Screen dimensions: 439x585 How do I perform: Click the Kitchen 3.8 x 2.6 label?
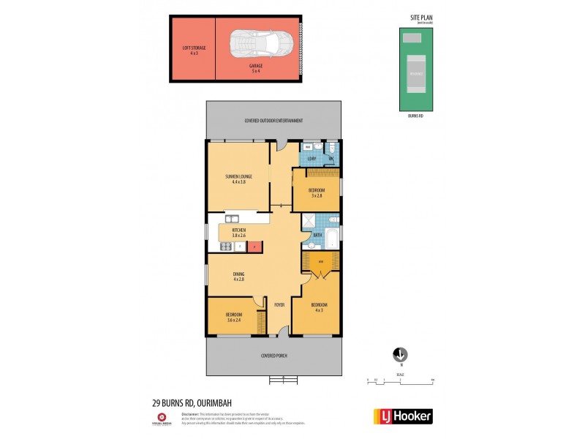(x=239, y=233)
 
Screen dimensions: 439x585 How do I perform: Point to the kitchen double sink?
(x=232, y=219)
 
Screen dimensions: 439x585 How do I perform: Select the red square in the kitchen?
(x=254, y=247)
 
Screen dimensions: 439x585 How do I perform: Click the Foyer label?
(x=279, y=304)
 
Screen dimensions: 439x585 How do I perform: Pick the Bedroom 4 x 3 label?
(x=319, y=307)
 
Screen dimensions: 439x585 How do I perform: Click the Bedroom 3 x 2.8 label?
(x=317, y=192)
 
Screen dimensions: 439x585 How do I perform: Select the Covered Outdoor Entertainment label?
(x=273, y=121)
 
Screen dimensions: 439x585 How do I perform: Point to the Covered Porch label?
(x=273, y=356)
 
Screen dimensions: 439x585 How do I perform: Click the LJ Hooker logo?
(x=403, y=416)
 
